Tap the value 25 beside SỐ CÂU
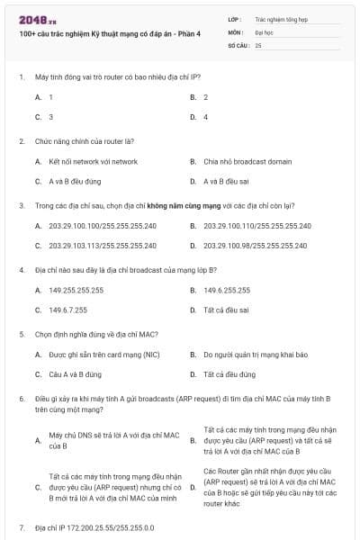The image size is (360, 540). pos(258,44)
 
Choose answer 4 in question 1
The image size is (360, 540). pos(205,117)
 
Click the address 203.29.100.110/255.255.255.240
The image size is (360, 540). pos(257,226)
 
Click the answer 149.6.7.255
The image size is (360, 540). pos(68,310)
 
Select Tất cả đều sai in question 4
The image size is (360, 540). pos(226,310)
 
